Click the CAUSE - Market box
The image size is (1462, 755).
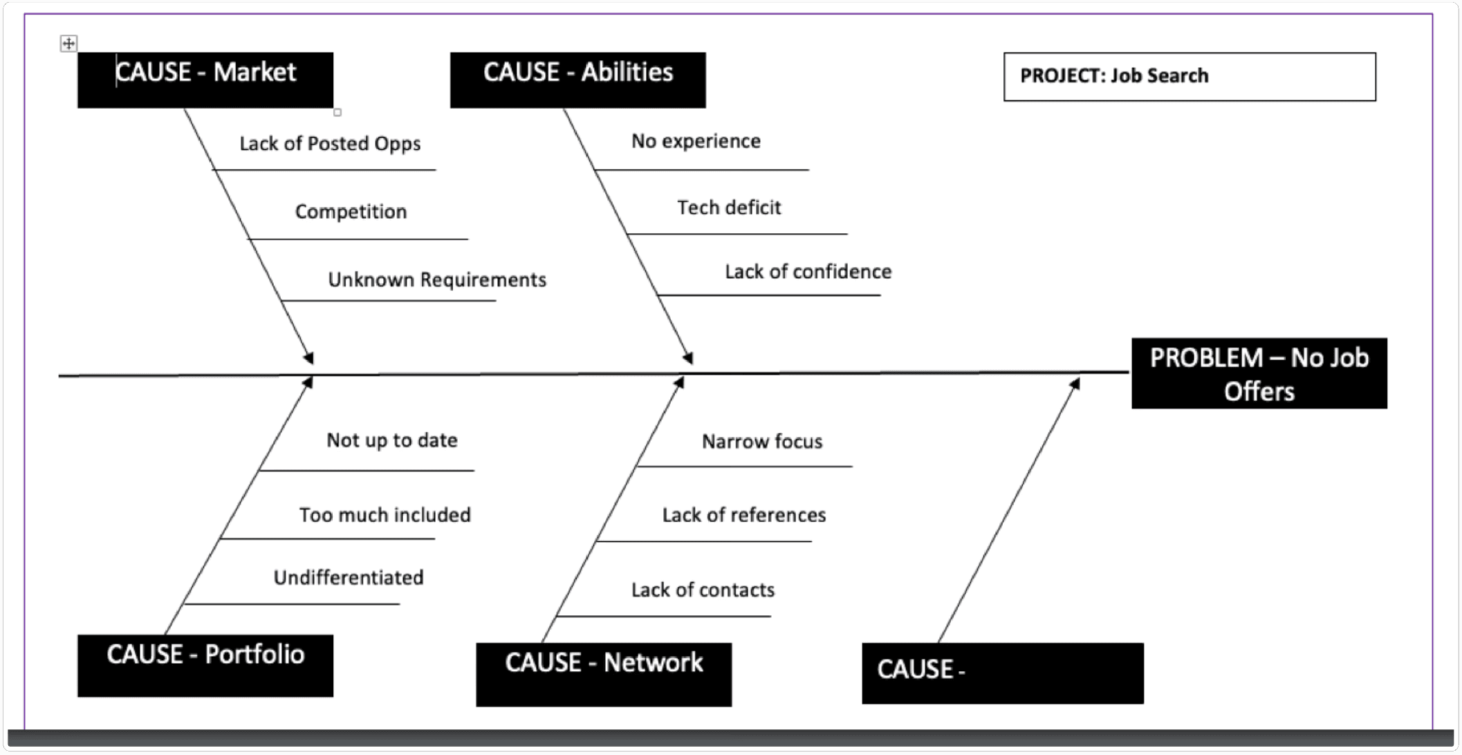(x=205, y=80)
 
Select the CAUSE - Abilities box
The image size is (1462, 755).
(x=577, y=80)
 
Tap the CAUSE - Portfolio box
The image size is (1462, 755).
(x=205, y=665)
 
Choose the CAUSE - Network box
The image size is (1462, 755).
(x=604, y=674)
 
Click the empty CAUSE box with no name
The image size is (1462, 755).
(x=1002, y=673)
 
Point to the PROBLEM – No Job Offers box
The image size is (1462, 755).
(x=1259, y=374)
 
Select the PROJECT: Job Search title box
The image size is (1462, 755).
(x=1190, y=76)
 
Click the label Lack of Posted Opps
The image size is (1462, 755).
(x=330, y=144)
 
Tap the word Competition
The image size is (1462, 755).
(x=351, y=212)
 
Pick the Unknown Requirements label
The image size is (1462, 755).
(x=437, y=280)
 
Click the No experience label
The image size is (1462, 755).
(x=696, y=141)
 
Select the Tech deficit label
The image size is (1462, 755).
(x=729, y=208)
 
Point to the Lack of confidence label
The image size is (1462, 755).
(x=808, y=272)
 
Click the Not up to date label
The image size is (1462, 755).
(x=392, y=440)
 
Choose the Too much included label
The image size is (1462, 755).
(x=385, y=515)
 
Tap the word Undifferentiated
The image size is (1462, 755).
(x=349, y=578)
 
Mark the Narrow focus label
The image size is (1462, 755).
(x=762, y=442)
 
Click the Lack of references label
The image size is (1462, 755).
(x=744, y=515)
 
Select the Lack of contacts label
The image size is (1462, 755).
(x=703, y=590)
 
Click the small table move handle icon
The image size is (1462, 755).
(x=68, y=44)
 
